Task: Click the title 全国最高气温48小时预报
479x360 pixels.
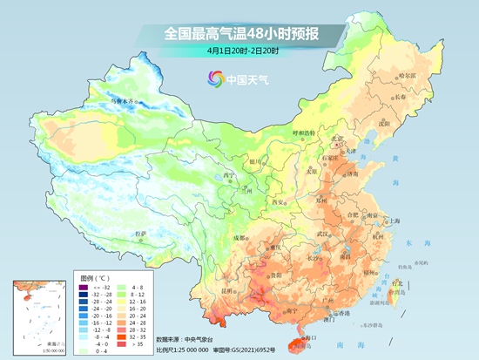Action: [x=240, y=34]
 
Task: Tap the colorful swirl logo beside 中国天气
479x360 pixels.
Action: [x=214, y=79]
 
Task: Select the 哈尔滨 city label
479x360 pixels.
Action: [x=408, y=77]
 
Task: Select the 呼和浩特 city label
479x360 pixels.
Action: [x=300, y=133]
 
